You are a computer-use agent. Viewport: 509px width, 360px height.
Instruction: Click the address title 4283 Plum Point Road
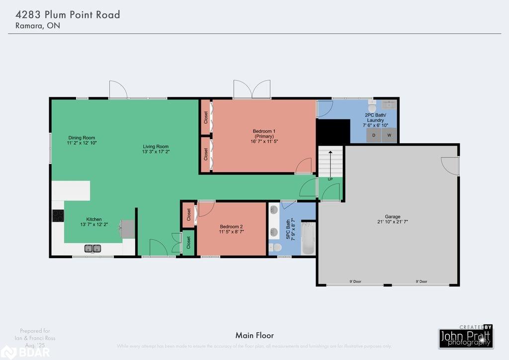point(65,14)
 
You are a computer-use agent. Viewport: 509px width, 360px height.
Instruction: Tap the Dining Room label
point(82,138)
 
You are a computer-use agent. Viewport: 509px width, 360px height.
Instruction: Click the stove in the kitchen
point(58,216)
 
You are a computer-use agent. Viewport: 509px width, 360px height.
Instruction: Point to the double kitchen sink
point(92,248)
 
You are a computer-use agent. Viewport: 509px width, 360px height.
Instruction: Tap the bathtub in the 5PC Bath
point(308,238)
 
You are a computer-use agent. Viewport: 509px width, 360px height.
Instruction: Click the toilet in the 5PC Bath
point(276,247)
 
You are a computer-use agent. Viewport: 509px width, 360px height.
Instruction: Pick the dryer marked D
point(374,135)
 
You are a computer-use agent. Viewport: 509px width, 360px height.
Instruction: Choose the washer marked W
point(389,135)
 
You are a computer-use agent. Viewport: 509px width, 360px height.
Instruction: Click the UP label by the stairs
point(330,179)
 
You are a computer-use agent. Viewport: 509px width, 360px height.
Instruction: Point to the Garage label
point(392,217)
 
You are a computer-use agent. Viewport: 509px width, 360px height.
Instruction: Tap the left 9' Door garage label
point(355,281)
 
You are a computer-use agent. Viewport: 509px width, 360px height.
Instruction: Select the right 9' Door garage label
point(421,281)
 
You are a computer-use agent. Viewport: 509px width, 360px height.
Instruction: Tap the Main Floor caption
point(254,336)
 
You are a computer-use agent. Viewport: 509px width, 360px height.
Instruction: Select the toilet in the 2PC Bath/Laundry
point(372,107)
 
